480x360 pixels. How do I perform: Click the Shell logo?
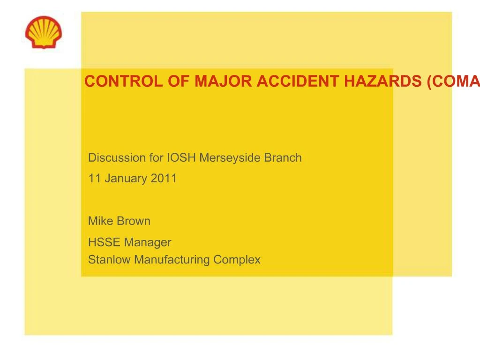click(x=43, y=32)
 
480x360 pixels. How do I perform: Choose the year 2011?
click(x=164, y=178)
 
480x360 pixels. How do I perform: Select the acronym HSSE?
click(x=104, y=242)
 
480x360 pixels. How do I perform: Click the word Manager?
click(x=148, y=242)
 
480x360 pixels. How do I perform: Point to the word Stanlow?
click(x=110, y=259)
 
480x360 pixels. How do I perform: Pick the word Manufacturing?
click(x=173, y=260)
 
